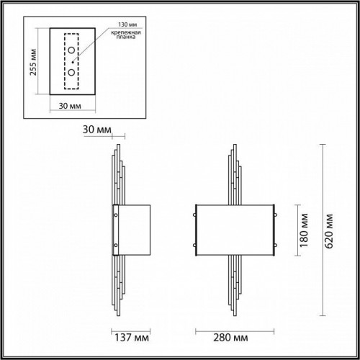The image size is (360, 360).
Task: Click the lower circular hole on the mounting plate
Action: (x=71, y=72)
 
